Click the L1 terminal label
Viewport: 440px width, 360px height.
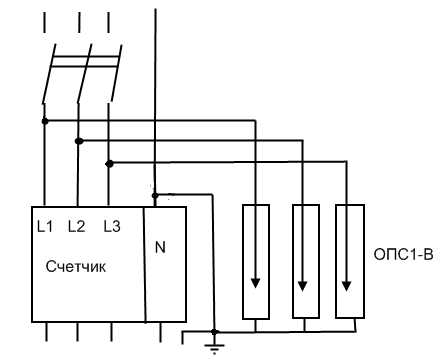43,227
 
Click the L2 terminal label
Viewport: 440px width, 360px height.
76,227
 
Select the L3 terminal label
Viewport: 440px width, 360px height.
111,227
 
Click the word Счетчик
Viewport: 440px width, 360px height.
77,268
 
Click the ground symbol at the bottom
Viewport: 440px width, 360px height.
212,346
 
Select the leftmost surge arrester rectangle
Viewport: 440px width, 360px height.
257,262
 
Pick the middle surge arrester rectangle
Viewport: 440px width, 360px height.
304,262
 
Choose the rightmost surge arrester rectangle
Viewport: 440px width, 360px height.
349,262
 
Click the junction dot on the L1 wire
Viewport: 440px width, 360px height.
43,121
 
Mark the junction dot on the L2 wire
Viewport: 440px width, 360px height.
79,141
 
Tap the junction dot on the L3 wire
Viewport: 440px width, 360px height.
110,162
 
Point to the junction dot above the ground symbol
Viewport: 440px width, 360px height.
212,328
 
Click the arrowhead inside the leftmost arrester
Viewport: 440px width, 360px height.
257,283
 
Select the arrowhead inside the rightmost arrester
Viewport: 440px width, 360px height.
349,283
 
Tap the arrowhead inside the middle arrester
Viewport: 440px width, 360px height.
304,283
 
